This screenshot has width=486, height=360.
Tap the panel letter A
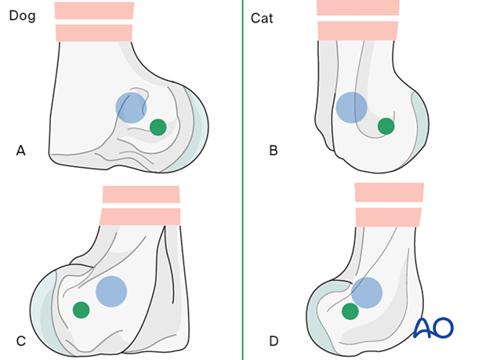click(21, 150)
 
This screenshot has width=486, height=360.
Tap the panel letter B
click(274, 150)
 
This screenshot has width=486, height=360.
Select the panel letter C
click(21, 340)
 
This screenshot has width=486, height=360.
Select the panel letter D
click(274, 340)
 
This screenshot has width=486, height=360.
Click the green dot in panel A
click(158, 126)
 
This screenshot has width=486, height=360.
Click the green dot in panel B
click(386, 125)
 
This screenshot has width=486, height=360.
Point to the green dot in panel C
click(81, 310)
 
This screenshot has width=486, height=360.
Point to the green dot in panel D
click(350, 311)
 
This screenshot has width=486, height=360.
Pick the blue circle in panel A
click(131, 107)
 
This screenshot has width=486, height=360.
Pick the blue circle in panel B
click(351, 107)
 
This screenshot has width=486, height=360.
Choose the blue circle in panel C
click(111, 291)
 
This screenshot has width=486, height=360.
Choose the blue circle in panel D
click(366, 292)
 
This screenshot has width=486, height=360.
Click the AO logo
click(433, 328)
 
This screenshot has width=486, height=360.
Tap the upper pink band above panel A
click(93, 10)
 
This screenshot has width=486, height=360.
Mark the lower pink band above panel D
click(389, 216)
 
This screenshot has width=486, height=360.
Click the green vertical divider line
click(243, 180)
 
